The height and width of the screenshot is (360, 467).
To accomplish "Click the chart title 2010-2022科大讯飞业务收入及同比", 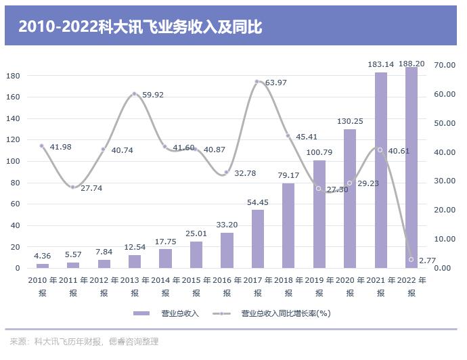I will pyautogui.click(x=139, y=26).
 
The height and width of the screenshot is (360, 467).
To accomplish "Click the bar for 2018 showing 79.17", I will pyautogui.click(x=288, y=225).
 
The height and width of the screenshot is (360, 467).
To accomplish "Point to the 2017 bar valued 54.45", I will pyautogui.click(x=258, y=239).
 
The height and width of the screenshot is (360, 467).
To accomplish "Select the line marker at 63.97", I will pyautogui.click(x=257, y=82).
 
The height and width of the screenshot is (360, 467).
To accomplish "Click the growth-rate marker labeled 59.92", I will pyautogui.click(x=135, y=93).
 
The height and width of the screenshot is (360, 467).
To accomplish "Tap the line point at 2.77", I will pyautogui.click(x=411, y=260).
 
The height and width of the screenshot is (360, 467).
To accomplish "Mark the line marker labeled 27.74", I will pyautogui.click(x=73, y=187).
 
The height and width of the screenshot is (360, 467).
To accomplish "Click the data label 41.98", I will pyautogui.click(x=60, y=147).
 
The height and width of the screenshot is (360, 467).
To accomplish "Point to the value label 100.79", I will pyautogui.click(x=319, y=153).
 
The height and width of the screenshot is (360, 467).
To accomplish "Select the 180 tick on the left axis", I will pyautogui.click(x=13, y=75).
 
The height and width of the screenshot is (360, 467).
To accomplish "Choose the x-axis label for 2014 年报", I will pyautogui.click(x=165, y=286).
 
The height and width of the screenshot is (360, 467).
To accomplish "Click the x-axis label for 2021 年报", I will pyautogui.click(x=380, y=286).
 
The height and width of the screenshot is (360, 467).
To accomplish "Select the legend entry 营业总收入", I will pyautogui.click(x=166, y=313).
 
